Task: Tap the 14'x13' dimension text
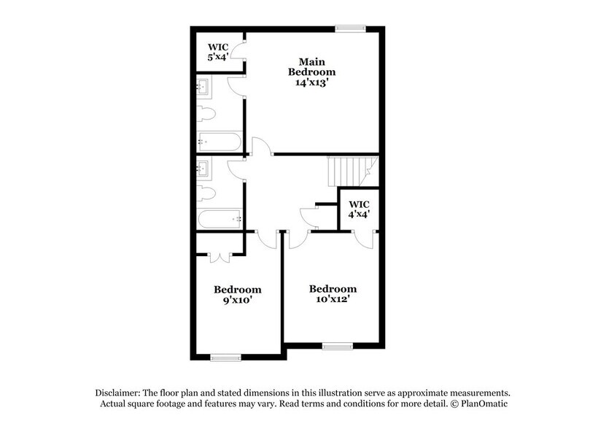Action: pyautogui.click(x=311, y=83)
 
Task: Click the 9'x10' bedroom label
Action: pyautogui.click(x=237, y=293)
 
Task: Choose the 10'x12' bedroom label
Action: pyautogui.click(x=333, y=294)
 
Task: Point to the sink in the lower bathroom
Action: pyautogui.click(x=203, y=167)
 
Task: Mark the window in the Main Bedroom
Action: pyautogui.click(x=349, y=29)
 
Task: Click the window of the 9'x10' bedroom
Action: pyautogui.click(x=225, y=357)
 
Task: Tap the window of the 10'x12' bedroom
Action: pyautogui.click(x=338, y=345)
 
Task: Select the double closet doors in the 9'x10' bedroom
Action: pyautogui.click(x=220, y=255)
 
